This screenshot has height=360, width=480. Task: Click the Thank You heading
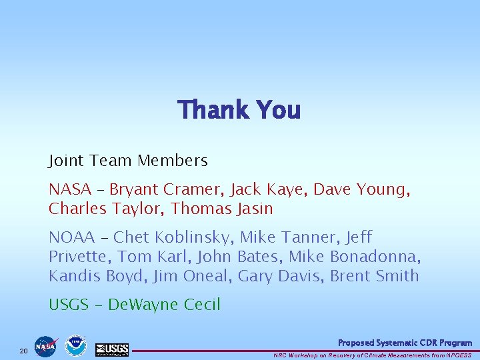pyautogui.click(x=239, y=110)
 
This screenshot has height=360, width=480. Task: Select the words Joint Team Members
pyautogui.click(x=128, y=161)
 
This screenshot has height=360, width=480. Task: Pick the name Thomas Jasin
pyautogui.click(x=221, y=209)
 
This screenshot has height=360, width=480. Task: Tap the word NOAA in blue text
pyautogui.click(x=72, y=237)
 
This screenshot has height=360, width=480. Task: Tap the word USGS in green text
pyautogui.click(x=69, y=305)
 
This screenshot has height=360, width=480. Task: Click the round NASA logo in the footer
pyautogui.click(x=46, y=346)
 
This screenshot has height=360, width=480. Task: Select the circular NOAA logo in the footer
pyautogui.click(x=75, y=346)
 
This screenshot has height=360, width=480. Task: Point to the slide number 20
pyautogui.click(x=23, y=351)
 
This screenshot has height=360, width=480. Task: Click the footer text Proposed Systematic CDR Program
pyautogui.click(x=405, y=343)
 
